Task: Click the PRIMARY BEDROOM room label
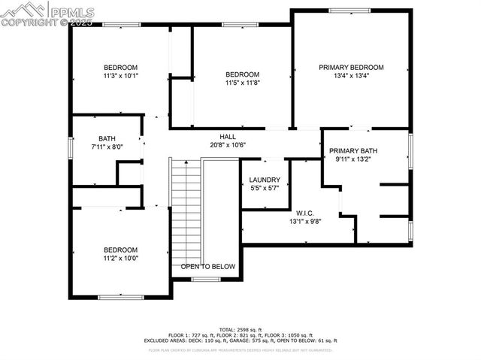(x=351, y=67)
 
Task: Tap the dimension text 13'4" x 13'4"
(x=351, y=76)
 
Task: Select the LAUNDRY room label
(x=265, y=180)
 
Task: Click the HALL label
(x=228, y=136)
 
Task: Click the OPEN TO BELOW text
(x=208, y=267)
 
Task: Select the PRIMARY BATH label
(x=352, y=150)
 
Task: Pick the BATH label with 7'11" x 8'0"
(x=107, y=138)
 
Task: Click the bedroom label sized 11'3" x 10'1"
(x=120, y=66)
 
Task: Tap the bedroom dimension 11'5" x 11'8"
(x=242, y=83)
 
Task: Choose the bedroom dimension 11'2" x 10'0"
(x=120, y=259)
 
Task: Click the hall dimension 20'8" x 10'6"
(x=228, y=145)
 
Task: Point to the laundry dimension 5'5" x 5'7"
(x=265, y=189)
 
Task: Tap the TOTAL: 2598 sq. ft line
(x=240, y=330)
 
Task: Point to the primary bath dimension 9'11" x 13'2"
(x=352, y=159)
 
